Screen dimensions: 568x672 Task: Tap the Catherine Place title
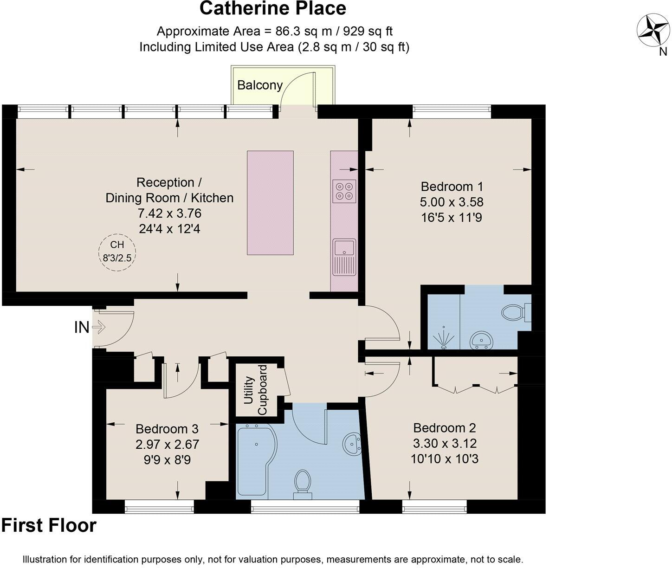pos(273,8)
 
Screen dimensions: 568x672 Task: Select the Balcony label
pos(259,85)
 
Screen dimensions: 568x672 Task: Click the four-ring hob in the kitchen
pos(344,191)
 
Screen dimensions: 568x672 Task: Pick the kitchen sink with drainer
pos(344,256)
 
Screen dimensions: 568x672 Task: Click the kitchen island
pos(270,202)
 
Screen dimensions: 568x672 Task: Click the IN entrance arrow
pos(99,328)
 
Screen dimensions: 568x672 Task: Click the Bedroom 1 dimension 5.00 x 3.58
pos(452,202)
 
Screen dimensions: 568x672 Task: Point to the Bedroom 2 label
pos(445,428)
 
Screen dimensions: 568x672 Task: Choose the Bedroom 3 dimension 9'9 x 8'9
pos(167,459)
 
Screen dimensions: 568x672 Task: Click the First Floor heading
pos(49,526)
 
